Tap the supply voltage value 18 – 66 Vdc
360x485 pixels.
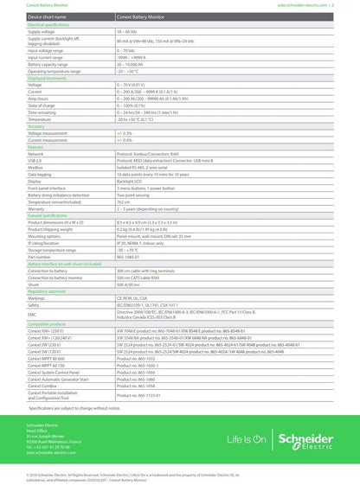(x=131, y=32)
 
